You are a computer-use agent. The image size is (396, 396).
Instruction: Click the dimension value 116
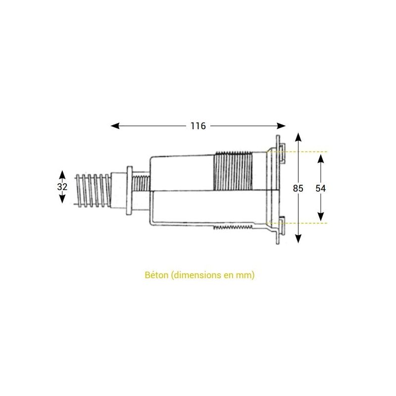click(x=198, y=126)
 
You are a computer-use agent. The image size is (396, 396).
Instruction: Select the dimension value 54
click(x=321, y=188)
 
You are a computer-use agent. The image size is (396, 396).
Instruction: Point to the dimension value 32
click(x=62, y=187)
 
